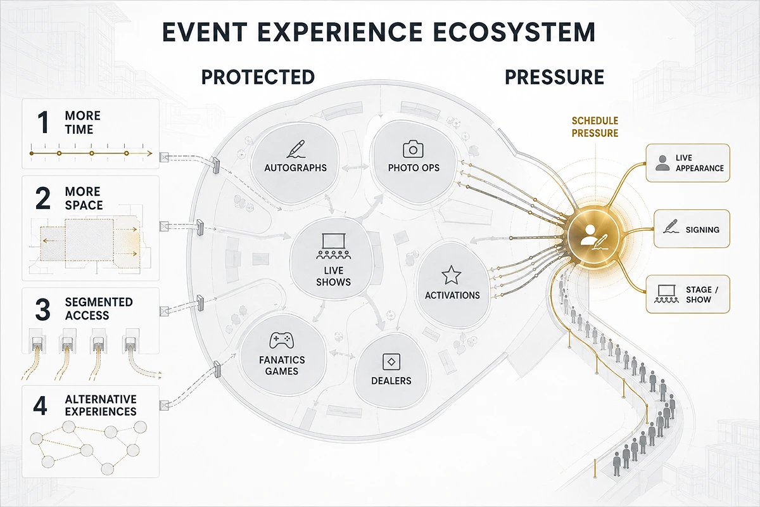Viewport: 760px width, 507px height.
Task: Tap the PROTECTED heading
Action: point(258,77)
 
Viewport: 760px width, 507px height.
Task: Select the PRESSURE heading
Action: point(554,77)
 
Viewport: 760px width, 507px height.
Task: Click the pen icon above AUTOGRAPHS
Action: point(296,149)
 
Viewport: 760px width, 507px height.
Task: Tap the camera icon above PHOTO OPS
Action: point(413,149)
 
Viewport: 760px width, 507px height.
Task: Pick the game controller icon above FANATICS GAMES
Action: point(282,340)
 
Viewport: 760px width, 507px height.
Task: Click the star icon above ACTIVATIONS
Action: point(451,275)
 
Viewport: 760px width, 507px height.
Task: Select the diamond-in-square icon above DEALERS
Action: point(391,362)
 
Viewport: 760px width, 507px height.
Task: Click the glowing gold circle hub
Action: point(593,234)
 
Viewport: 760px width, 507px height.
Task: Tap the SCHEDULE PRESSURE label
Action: point(595,127)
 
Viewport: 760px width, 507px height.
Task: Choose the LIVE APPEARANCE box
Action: point(688,163)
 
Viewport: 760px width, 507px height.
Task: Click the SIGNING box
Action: point(692,229)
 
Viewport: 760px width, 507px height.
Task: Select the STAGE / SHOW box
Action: point(688,294)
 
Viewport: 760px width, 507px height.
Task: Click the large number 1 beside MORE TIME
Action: point(44,122)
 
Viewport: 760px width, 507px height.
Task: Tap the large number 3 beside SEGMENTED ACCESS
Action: point(43,309)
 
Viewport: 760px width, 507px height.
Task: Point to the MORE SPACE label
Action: point(84,198)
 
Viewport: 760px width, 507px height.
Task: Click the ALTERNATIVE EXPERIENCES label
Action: point(101,405)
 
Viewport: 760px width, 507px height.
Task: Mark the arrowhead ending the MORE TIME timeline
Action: point(149,153)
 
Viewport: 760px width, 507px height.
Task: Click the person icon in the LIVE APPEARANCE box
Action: point(662,163)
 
